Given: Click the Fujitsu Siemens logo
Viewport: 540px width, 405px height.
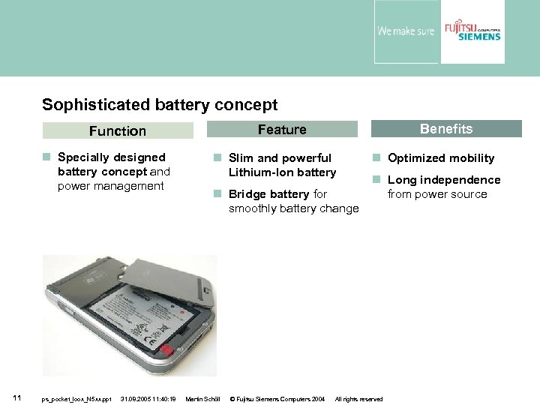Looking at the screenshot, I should [472, 31].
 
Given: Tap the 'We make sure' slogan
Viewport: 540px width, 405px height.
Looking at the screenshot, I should [405, 31].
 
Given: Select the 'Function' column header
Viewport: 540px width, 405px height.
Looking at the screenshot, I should [118, 131].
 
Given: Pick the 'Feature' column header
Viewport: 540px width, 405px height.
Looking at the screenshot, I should [282, 130].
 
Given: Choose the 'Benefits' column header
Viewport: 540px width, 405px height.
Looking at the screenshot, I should [446, 129].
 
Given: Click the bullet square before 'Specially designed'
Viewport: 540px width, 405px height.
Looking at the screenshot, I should [46, 157].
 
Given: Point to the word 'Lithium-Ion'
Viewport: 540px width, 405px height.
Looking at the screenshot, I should [259, 172].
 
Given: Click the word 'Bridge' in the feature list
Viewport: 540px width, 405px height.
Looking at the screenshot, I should [248, 194].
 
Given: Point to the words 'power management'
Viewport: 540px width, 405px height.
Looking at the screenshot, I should [110, 186].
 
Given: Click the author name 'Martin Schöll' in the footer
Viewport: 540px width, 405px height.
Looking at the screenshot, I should [202, 399].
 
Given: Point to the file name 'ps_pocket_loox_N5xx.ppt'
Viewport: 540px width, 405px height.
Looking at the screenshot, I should [76, 399].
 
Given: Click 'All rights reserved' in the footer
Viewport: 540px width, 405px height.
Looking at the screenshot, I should [358, 399].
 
